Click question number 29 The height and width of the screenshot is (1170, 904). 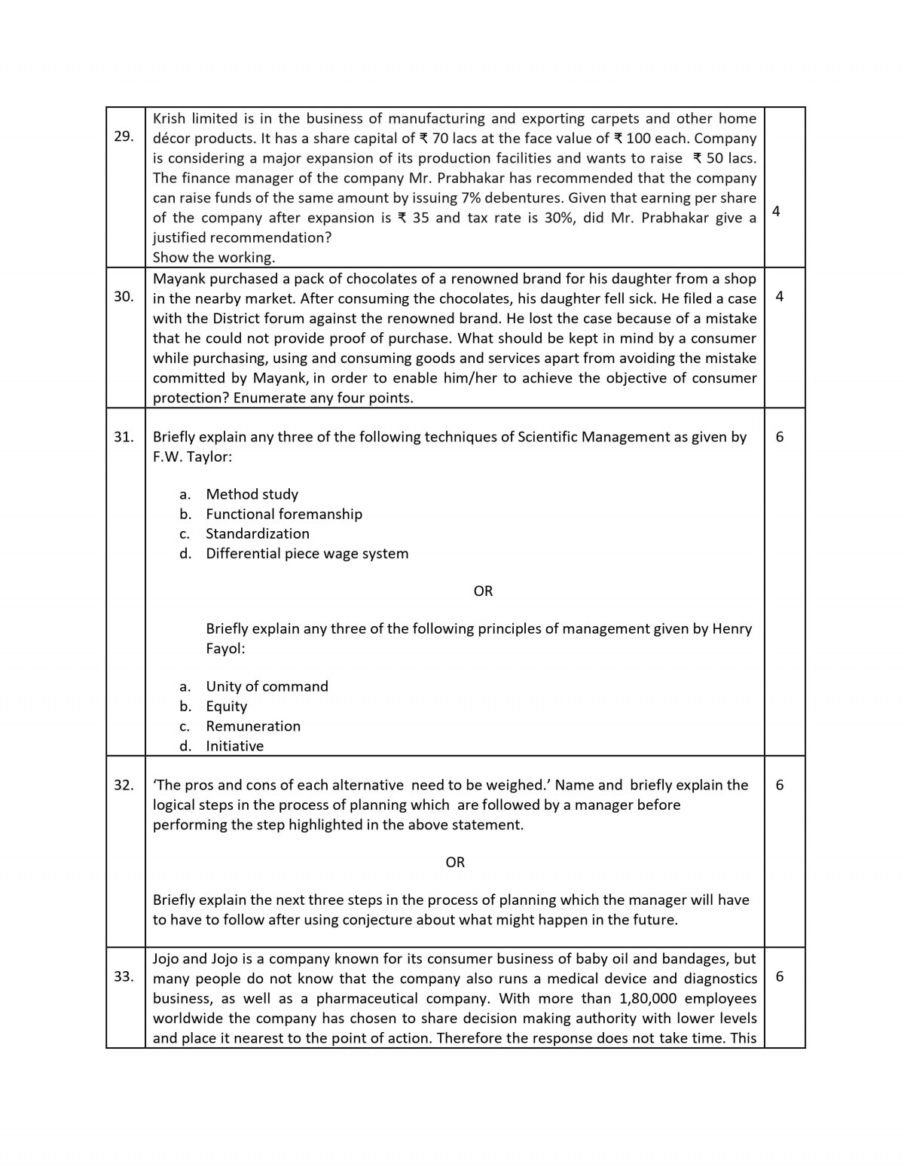124,136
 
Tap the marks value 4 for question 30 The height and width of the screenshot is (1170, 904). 779,296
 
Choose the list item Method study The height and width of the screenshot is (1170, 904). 252,494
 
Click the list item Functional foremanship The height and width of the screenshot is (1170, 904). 283,514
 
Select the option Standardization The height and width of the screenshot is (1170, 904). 257,533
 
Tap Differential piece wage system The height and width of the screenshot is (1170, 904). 307,553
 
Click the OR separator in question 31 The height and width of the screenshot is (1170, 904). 483,591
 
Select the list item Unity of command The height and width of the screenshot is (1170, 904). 267,686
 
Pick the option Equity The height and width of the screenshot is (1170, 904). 226,706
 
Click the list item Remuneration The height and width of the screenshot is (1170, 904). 253,726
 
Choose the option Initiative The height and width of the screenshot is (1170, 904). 234,746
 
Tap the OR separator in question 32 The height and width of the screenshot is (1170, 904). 455,862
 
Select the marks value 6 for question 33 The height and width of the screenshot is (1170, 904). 779,976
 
